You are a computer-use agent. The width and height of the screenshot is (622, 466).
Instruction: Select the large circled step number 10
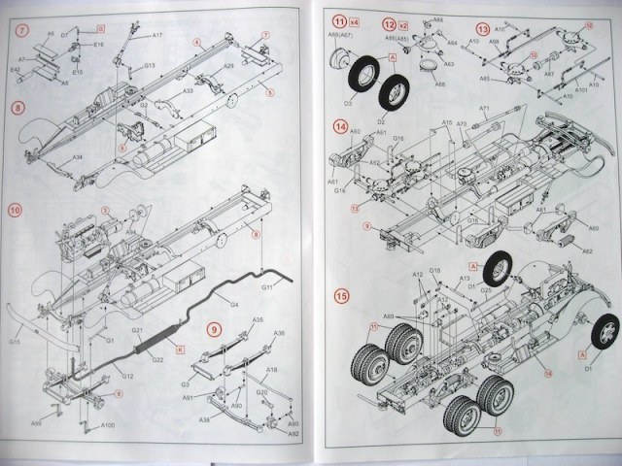point(16,211)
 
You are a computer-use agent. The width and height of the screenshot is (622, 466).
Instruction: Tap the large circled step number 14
point(340,127)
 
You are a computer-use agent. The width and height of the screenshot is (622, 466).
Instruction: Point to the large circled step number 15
point(340,296)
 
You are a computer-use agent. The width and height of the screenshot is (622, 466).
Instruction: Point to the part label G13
point(151,67)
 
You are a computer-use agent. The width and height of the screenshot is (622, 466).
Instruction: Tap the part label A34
point(78,157)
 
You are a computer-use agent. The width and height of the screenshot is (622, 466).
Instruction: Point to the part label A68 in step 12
point(439,84)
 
